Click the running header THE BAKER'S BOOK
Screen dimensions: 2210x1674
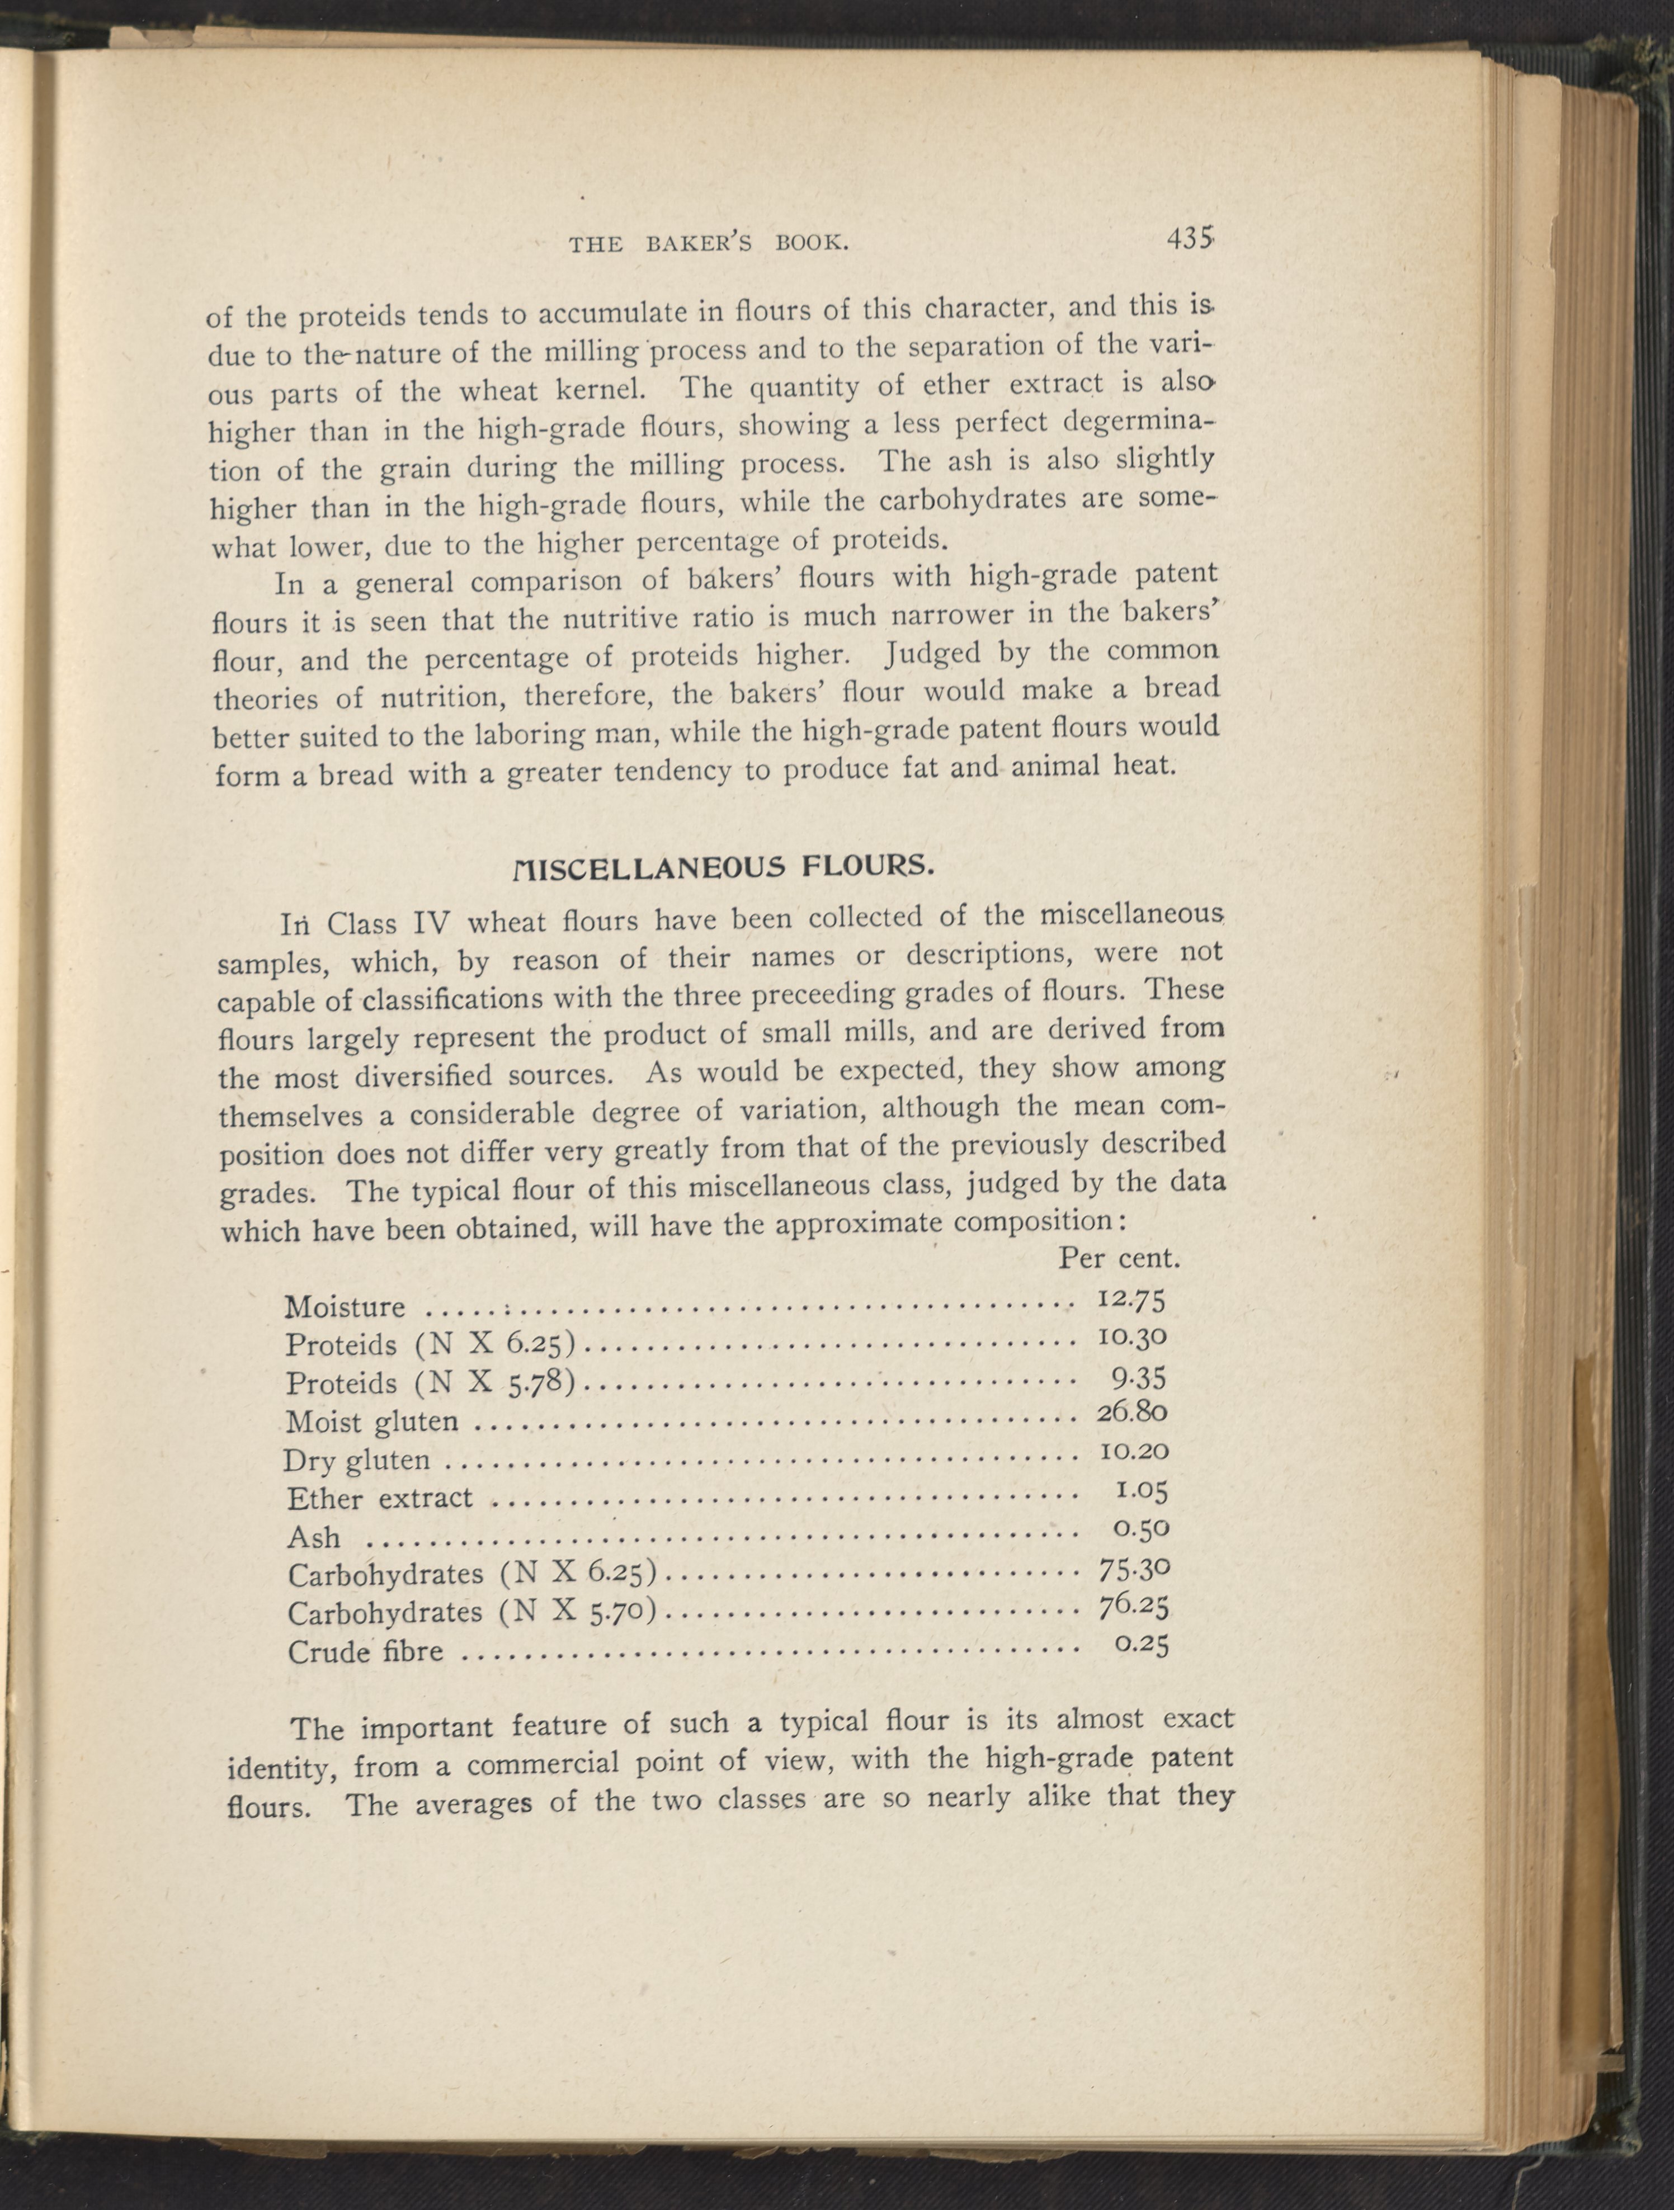tap(709, 243)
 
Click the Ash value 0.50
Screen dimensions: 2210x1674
tap(1140, 1529)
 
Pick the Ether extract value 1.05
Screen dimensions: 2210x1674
tap(1140, 1491)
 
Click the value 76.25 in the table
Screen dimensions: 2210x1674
tap(1133, 1605)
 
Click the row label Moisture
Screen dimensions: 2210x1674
tap(345, 1307)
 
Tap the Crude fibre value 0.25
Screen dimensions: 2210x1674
tap(1140, 1644)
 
